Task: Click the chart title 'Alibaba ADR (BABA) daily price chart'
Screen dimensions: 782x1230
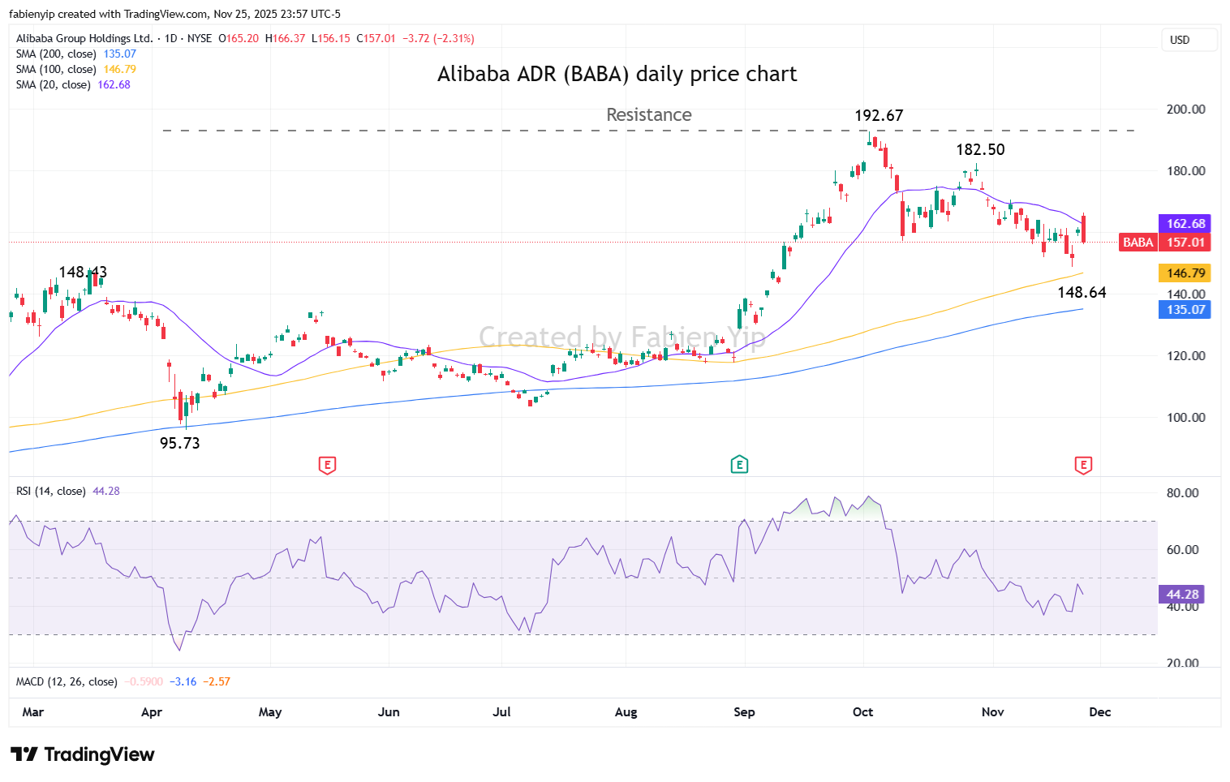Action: (617, 74)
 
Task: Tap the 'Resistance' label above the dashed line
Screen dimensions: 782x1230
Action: (648, 115)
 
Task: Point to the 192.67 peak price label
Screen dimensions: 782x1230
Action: (879, 116)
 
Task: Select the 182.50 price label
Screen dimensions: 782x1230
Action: (980, 149)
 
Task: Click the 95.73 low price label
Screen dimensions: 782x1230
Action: (179, 443)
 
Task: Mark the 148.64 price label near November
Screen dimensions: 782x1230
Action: (1082, 292)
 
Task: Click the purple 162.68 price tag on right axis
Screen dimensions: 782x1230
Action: (1185, 224)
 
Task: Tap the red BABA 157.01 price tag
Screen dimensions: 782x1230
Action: (1165, 243)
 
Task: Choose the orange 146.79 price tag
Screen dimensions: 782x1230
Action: (1185, 273)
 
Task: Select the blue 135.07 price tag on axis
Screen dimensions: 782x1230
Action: (1185, 310)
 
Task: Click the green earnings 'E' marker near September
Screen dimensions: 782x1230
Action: (739, 465)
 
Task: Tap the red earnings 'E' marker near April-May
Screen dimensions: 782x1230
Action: (327, 465)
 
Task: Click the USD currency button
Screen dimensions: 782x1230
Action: (1180, 40)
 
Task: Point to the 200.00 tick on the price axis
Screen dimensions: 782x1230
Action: (1185, 110)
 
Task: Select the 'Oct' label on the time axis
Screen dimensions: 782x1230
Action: (862, 712)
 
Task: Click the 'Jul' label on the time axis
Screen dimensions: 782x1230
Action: (501, 712)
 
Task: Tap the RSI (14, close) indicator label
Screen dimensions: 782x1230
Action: (50, 492)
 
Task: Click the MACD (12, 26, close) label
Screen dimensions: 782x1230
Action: (67, 682)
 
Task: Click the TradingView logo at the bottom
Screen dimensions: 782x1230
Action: (83, 754)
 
